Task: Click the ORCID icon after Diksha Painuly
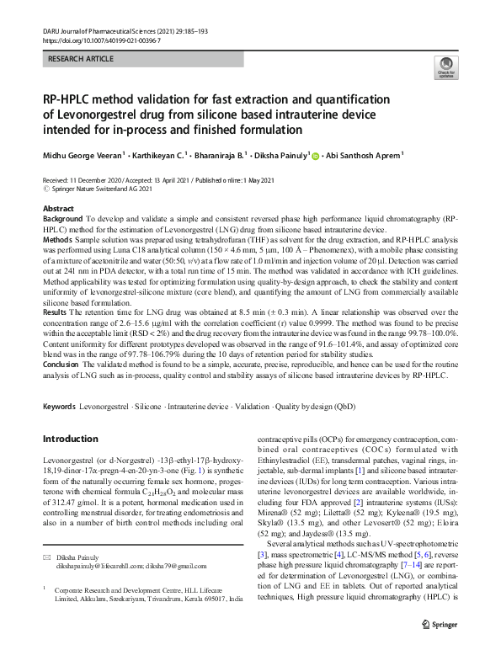pyautogui.click(x=316, y=155)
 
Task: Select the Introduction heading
pyautogui.click(x=77, y=439)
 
